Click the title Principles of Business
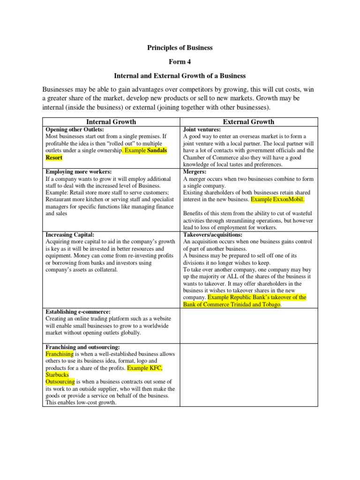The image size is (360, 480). click(x=180, y=47)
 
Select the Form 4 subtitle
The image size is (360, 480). click(x=180, y=61)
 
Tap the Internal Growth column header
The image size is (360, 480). click(x=111, y=122)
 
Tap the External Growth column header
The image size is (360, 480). click(x=248, y=122)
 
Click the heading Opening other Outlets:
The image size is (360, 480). click(x=75, y=129)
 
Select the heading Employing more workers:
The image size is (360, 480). click(x=79, y=172)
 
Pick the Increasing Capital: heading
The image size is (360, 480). click(x=70, y=234)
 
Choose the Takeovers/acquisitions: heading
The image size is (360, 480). click(x=212, y=234)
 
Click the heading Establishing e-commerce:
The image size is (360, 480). click(x=78, y=312)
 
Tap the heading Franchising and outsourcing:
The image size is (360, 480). click(x=83, y=347)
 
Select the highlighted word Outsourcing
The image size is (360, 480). click(x=60, y=382)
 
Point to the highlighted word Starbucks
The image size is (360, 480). click(x=57, y=375)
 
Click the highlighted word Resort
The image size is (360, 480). click(x=54, y=158)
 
